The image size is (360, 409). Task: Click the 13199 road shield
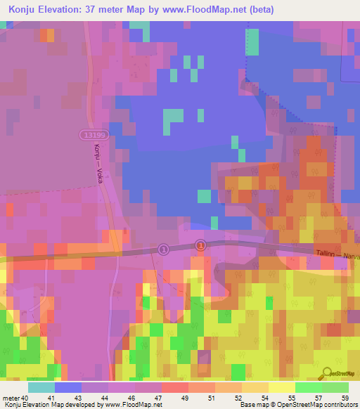[x=92, y=134]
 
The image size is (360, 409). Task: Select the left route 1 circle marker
[x=163, y=249]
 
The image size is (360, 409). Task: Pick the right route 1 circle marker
[x=200, y=245]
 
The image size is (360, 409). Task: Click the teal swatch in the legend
[x=41, y=387]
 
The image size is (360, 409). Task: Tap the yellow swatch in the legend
[x=281, y=387]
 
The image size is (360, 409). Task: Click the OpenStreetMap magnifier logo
[x=327, y=372]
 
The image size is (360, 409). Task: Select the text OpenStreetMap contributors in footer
[x=312, y=405]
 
